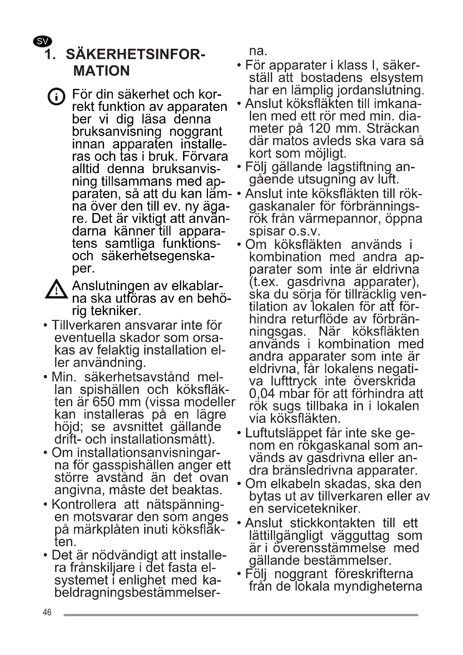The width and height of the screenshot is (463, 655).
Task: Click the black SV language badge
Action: (43, 42)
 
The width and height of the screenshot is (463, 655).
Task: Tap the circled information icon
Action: (56, 96)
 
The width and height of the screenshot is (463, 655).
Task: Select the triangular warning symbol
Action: (57, 290)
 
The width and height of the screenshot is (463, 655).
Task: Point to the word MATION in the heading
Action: (102, 71)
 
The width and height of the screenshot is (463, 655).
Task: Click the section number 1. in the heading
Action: (50, 55)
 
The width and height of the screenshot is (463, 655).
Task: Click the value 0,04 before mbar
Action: (262, 394)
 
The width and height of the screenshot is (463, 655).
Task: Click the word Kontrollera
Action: (84, 505)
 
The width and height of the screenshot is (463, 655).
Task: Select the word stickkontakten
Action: (333, 523)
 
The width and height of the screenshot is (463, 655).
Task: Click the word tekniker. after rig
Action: (116, 311)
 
